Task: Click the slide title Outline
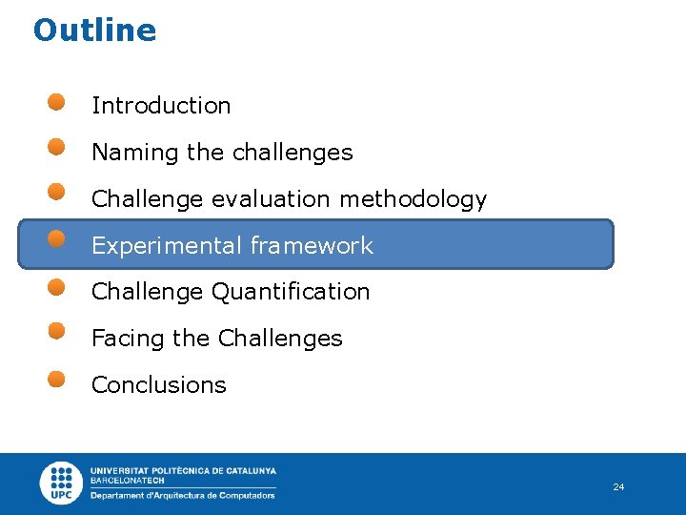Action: [94, 31]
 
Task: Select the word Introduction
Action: [161, 106]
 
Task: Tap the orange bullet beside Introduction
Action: [57, 101]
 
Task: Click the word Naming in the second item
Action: [121, 153]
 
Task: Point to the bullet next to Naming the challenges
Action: [57, 147]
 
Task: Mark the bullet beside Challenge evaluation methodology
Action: [57, 194]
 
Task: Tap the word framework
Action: [312, 246]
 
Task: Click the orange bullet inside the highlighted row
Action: [57, 239]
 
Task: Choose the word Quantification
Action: [290, 292]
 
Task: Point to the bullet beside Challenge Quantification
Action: [57, 286]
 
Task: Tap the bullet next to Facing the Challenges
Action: [57, 332]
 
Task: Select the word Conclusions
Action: [158, 385]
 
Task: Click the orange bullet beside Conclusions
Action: [57, 379]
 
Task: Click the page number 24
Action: [618, 487]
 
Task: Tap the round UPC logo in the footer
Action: [62, 483]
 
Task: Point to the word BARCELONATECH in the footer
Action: [127, 481]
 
